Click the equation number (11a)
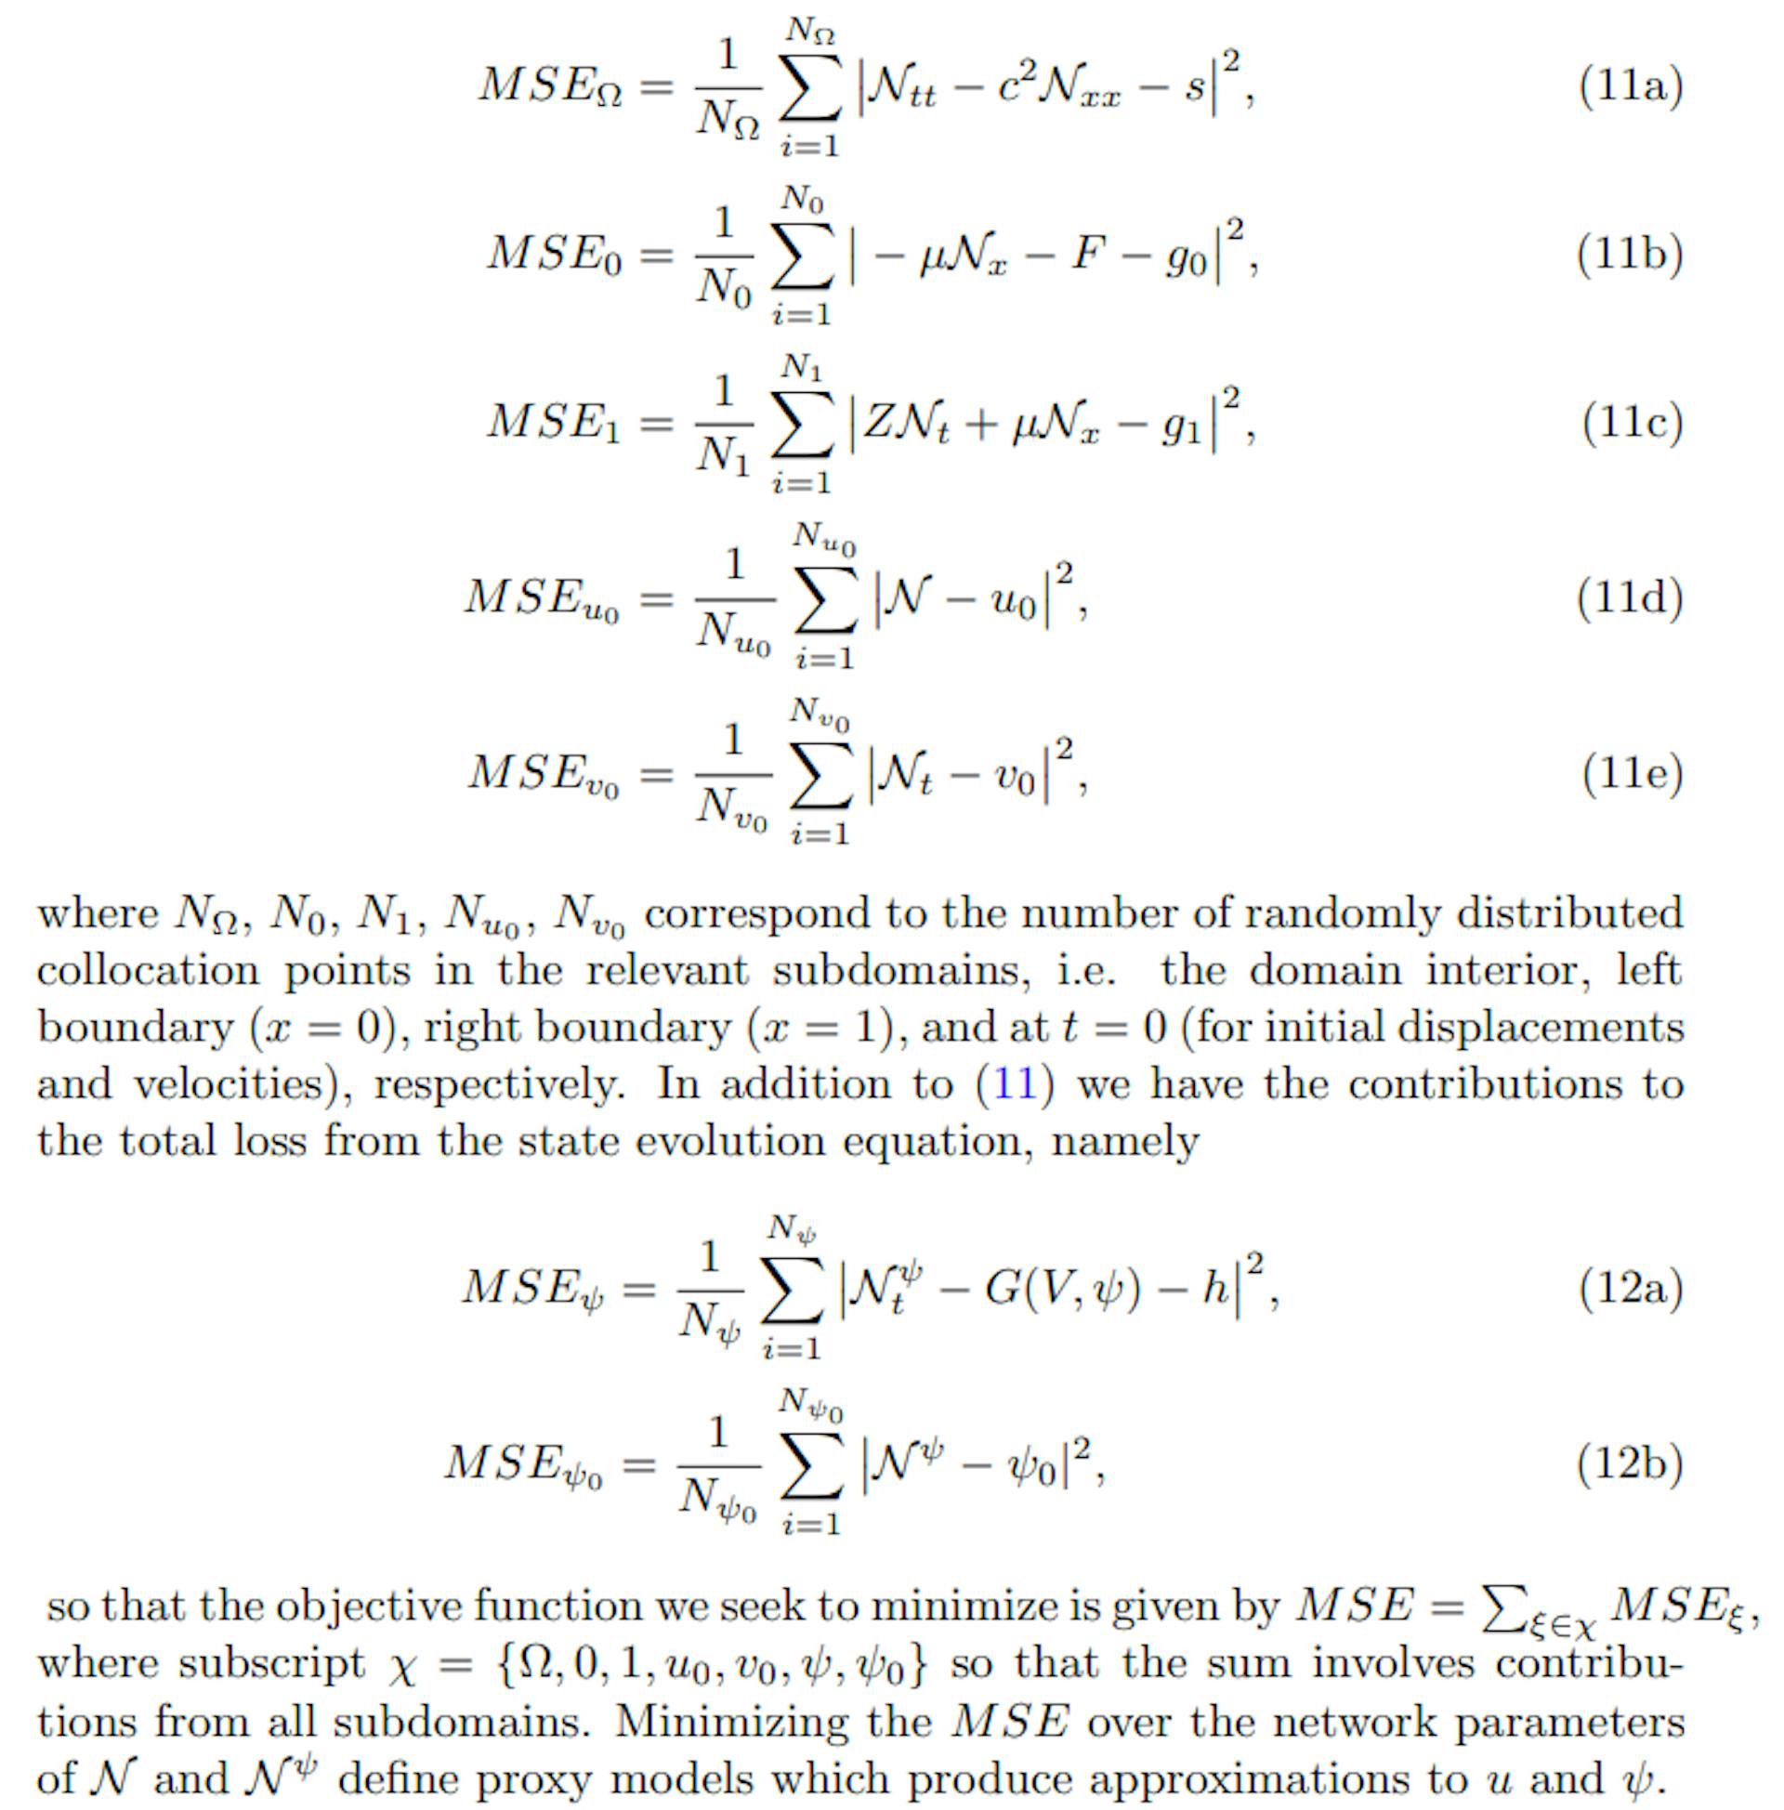pyautogui.click(x=1631, y=86)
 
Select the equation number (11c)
pyautogui.click(x=1633, y=423)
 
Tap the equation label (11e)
pyautogui.click(x=1633, y=774)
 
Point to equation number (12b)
pyautogui.click(x=1631, y=1463)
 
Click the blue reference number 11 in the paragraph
pyautogui.click(x=1014, y=1084)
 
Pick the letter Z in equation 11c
pyautogui.click(x=881, y=423)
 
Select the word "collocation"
pyautogui.click(x=148, y=971)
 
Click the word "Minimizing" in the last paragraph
pyautogui.click(x=777, y=1722)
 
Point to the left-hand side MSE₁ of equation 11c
pyautogui.click(x=553, y=423)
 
